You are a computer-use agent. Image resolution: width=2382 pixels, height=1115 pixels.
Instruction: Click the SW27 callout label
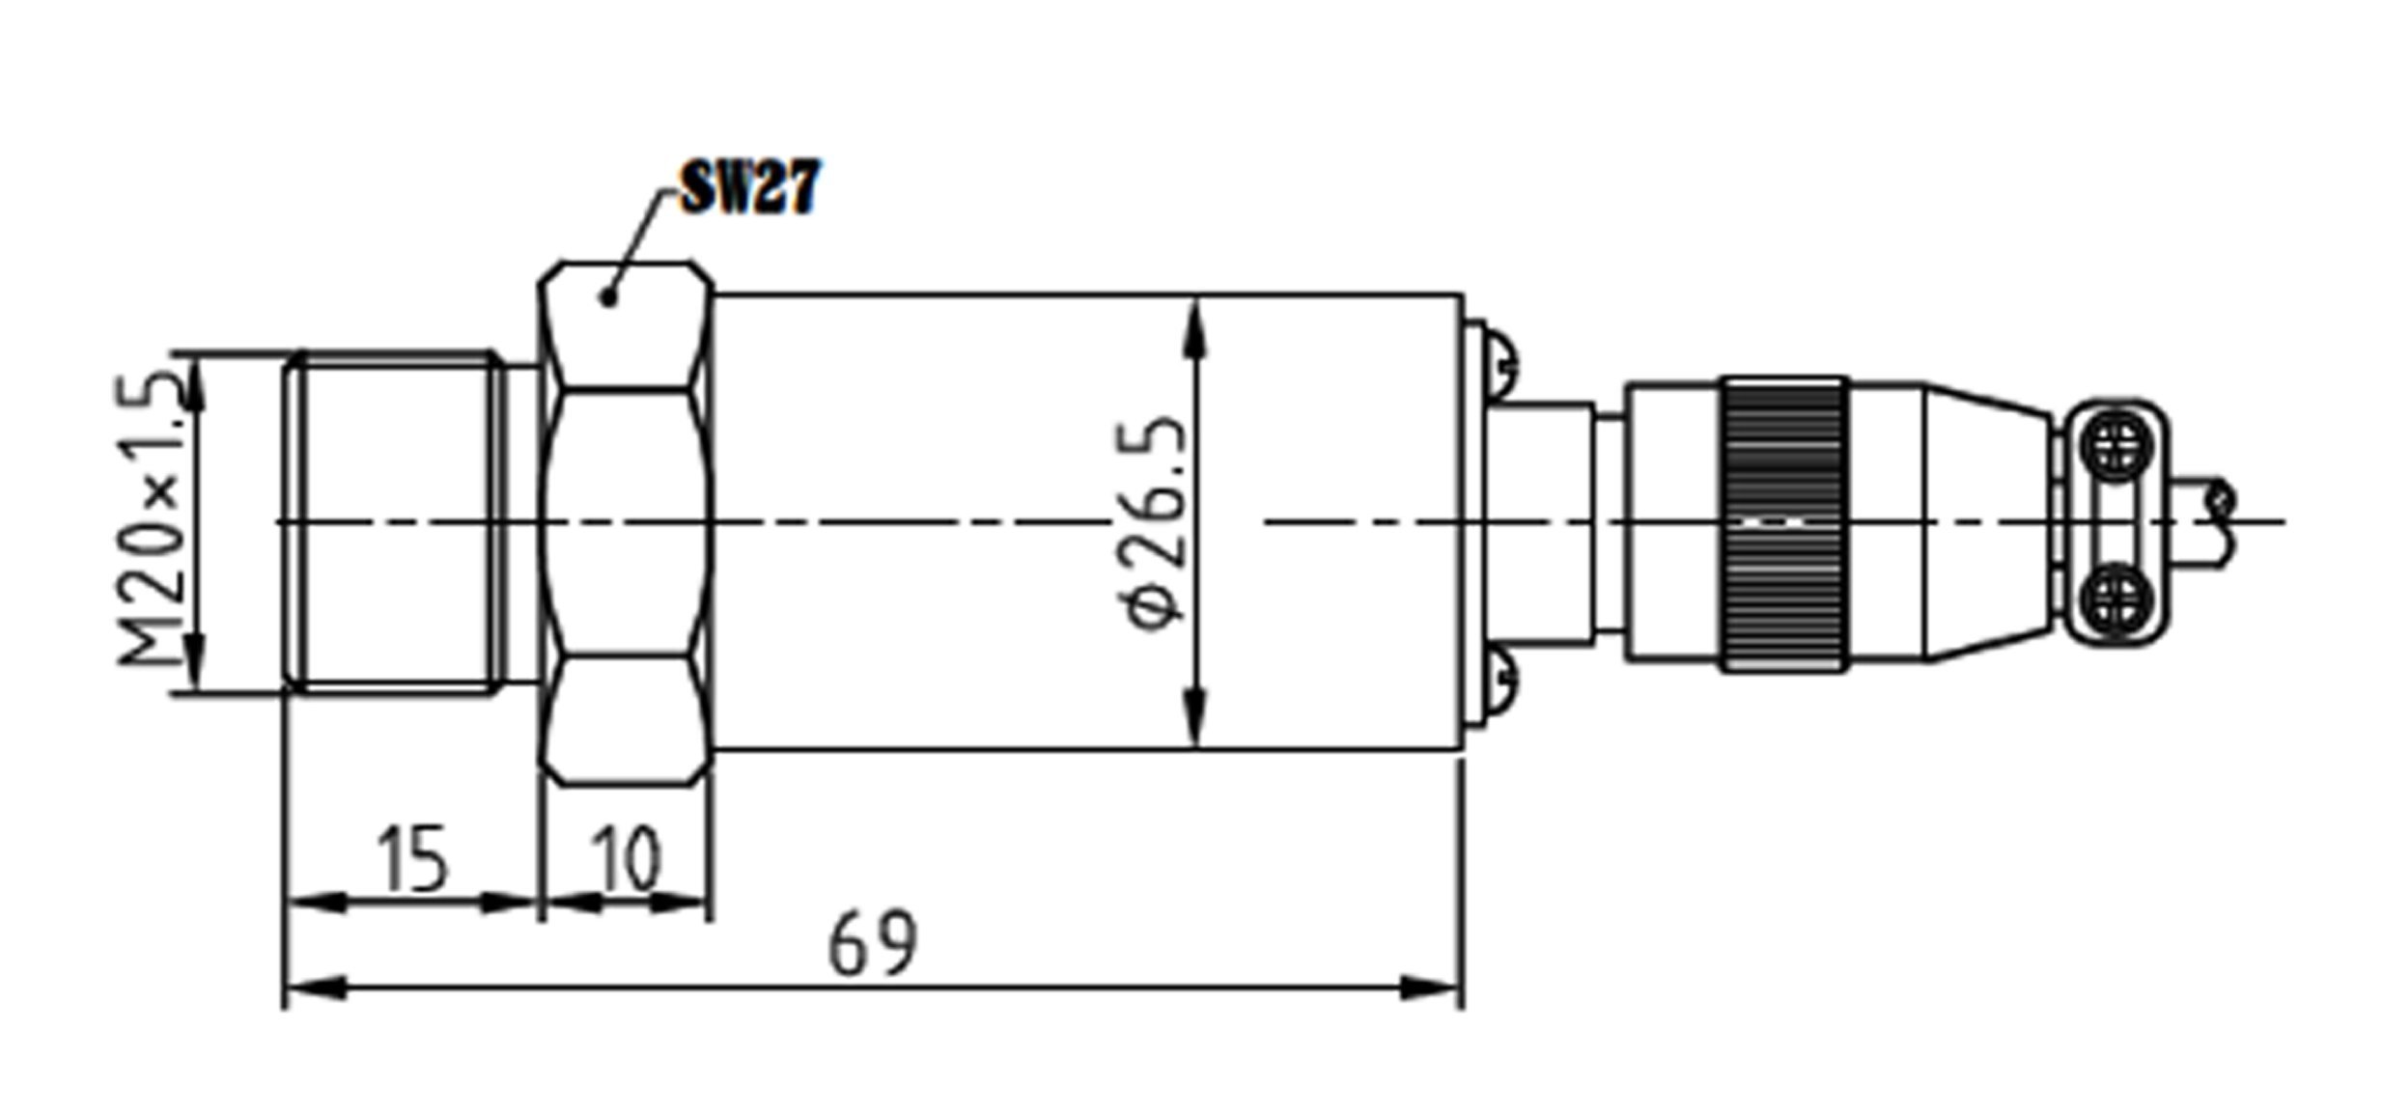(x=749, y=187)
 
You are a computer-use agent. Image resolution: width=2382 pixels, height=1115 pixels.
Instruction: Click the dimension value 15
(x=412, y=858)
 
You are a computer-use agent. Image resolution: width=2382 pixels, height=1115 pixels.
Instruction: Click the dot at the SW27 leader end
(x=608, y=297)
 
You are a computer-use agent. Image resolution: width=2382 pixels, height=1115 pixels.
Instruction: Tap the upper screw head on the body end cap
(x=1499, y=363)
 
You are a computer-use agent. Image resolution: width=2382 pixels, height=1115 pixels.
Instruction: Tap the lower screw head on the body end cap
(x=1499, y=682)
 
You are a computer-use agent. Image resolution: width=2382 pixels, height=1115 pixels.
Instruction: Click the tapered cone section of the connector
(x=1989, y=522)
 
